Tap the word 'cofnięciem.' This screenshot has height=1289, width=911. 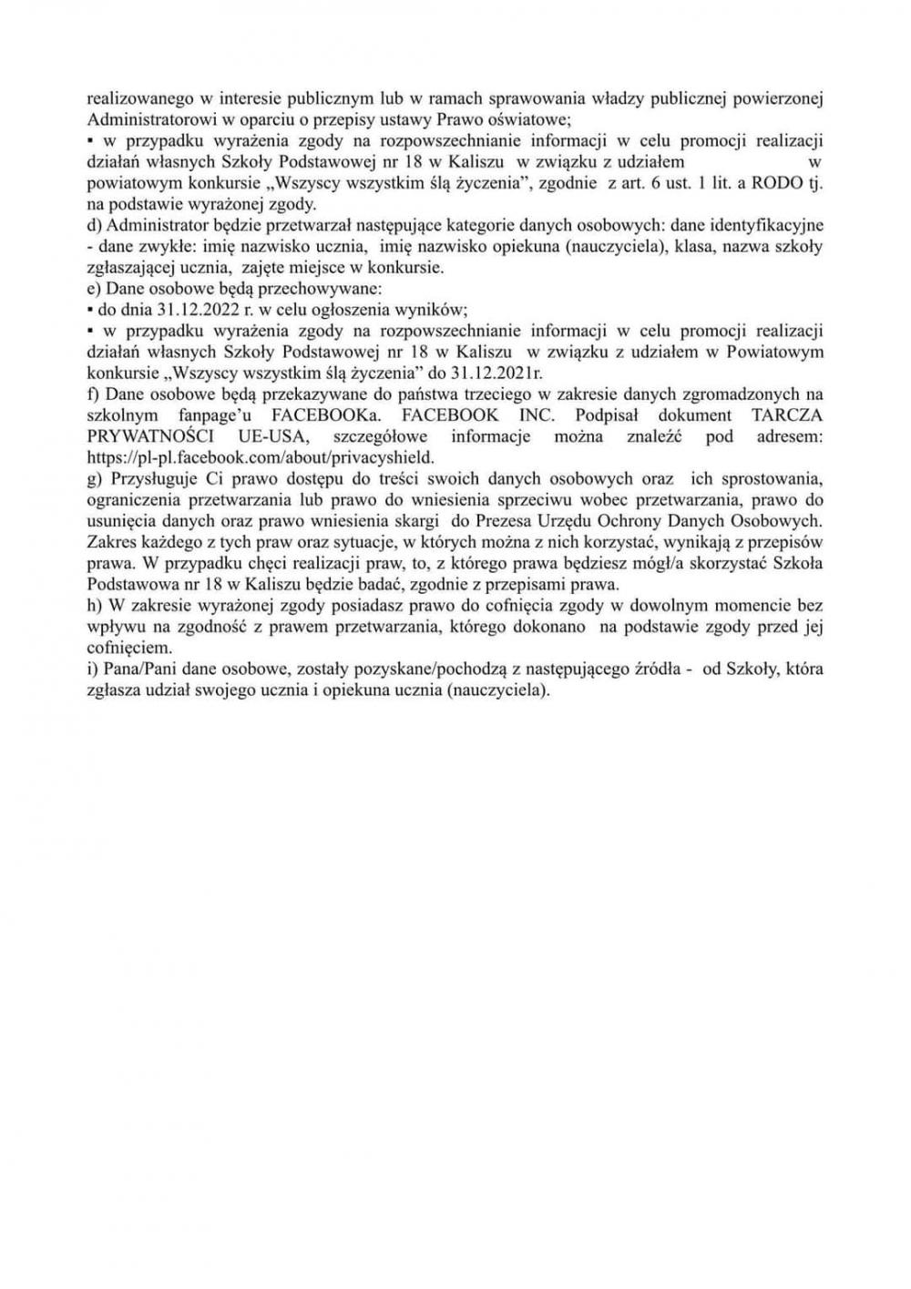(x=128, y=648)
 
